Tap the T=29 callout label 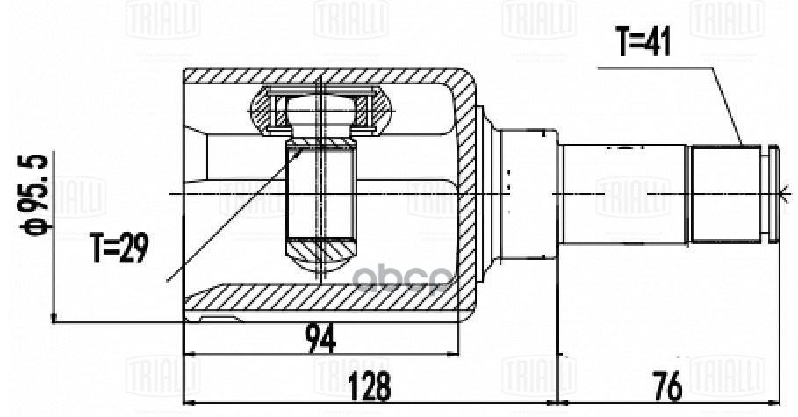tap(120, 248)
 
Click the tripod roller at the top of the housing tap(322, 111)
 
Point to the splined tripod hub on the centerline tap(321, 193)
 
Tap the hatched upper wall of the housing tap(325, 76)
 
